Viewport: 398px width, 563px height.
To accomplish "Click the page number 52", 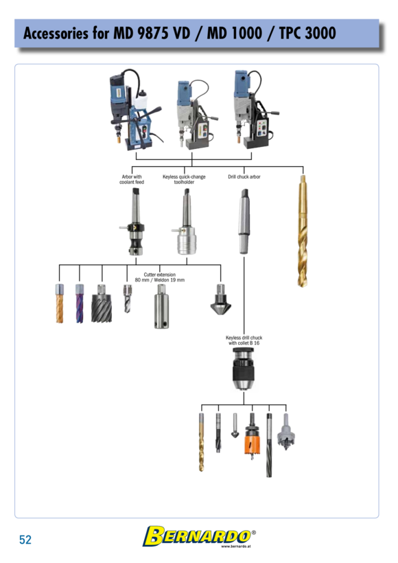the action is pyautogui.click(x=25, y=539).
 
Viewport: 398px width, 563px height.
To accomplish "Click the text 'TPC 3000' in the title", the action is pyautogui.click(x=307, y=33).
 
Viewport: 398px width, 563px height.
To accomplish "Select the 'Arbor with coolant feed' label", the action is pyautogui.click(x=132, y=179).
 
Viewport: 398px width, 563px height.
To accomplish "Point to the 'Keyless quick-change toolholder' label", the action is pyautogui.click(x=184, y=179).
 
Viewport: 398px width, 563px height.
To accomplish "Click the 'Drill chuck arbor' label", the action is pyautogui.click(x=244, y=176).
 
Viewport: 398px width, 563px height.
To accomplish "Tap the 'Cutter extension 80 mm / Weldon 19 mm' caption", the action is pyautogui.click(x=160, y=277).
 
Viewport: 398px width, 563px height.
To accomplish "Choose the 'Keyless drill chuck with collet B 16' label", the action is pyautogui.click(x=244, y=341).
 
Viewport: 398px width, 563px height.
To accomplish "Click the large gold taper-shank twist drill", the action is pyautogui.click(x=303, y=231).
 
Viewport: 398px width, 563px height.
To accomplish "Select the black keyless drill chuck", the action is pyautogui.click(x=244, y=369).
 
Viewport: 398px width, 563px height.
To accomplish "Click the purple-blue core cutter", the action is pyautogui.click(x=80, y=303).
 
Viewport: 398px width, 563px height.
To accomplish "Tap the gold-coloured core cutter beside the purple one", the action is pyautogui.click(x=60, y=303).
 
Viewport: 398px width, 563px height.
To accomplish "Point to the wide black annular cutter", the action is pyautogui.click(x=102, y=303).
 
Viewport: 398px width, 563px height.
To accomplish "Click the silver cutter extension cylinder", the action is pyautogui.click(x=161, y=306).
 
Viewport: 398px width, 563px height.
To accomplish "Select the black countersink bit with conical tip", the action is pyautogui.click(x=221, y=299).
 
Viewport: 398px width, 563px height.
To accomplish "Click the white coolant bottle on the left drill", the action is pyautogui.click(x=141, y=100).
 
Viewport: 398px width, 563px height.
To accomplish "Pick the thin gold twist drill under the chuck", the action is pyautogui.click(x=201, y=442).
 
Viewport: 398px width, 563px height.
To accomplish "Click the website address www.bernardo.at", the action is pyautogui.click(x=236, y=547).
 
